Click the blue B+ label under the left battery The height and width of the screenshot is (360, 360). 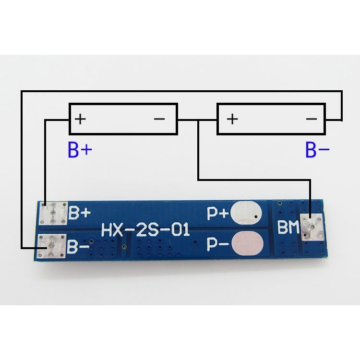click(80, 150)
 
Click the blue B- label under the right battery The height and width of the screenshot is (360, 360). click(317, 150)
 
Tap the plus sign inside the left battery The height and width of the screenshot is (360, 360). click(80, 119)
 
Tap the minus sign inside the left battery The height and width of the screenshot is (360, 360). click(159, 119)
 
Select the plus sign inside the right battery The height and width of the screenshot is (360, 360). click(232, 119)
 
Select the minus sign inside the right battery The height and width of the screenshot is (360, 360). click(312, 119)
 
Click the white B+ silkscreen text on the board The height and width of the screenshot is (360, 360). click(80, 213)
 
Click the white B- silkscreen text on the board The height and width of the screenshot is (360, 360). click(78, 247)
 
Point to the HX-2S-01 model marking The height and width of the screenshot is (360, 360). click(145, 229)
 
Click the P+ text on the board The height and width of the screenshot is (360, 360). click(217, 214)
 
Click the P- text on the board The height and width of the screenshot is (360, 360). click(217, 244)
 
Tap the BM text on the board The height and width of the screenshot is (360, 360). click(288, 227)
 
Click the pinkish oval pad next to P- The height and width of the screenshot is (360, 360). click(248, 243)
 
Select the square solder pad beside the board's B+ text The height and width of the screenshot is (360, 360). click(54, 213)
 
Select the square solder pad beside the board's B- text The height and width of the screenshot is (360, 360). click(52, 246)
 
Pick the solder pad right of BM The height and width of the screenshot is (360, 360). click(312, 227)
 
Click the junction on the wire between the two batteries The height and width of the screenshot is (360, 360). click(198, 120)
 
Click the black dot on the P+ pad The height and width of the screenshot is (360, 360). click(256, 216)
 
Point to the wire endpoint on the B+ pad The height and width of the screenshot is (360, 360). click(45, 205)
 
